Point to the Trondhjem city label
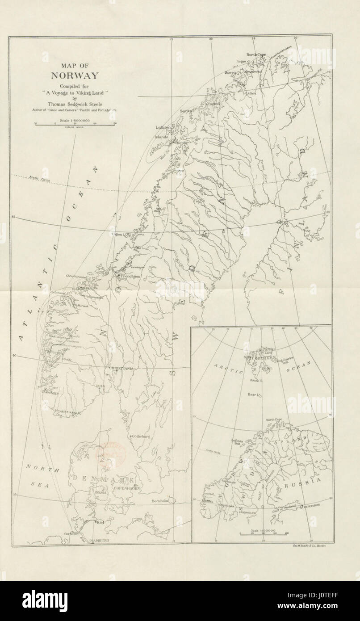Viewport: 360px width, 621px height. click(x=130, y=277)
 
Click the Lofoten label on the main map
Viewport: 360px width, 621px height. click(x=163, y=127)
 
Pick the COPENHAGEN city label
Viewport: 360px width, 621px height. click(x=127, y=489)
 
